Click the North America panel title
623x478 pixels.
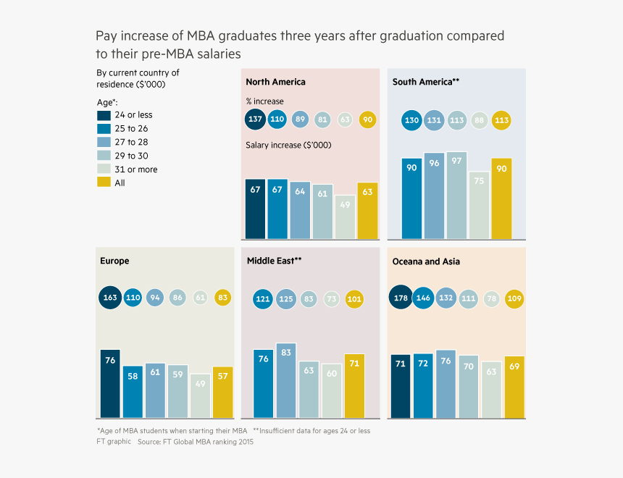[x=275, y=82]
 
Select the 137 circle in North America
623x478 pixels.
[x=256, y=119]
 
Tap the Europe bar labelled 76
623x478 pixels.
[x=110, y=384]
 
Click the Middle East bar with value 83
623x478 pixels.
[x=286, y=380]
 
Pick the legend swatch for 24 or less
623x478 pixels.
[x=104, y=115]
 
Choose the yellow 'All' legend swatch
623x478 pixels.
[x=104, y=183]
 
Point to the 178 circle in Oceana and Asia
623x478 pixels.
[x=401, y=298]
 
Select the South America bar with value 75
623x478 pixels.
[x=479, y=205]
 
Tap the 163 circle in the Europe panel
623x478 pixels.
[x=110, y=297]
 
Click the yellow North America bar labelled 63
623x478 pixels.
[x=367, y=211]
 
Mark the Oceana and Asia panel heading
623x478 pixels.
[x=426, y=261]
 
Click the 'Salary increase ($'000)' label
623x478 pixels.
[x=288, y=146]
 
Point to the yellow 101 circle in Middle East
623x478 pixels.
[x=354, y=299]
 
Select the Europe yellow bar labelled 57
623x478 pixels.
[x=222, y=392]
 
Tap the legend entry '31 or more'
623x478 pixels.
[x=136, y=169]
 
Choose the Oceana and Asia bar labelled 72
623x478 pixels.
[x=424, y=386]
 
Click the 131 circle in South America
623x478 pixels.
[x=434, y=121]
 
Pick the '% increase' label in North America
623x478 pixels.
[x=264, y=101]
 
